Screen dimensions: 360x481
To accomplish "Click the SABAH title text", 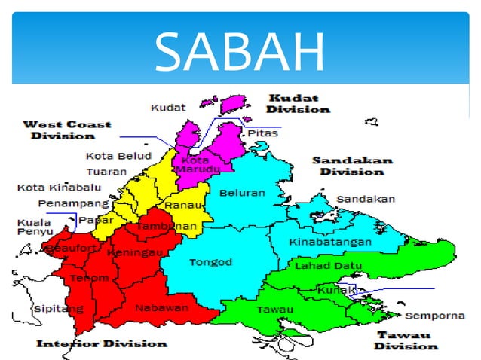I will (240, 51).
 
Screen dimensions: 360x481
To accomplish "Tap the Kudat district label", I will (169, 108).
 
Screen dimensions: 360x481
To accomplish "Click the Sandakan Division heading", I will (352, 166).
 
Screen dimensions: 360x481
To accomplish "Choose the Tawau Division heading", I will (405, 340).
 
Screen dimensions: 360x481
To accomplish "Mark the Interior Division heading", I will (102, 343).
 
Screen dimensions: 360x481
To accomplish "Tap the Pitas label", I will (262, 133).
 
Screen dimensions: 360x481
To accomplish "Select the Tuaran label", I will (106, 172).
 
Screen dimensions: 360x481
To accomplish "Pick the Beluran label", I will (242, 193).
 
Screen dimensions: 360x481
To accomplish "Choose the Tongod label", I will (211, 262).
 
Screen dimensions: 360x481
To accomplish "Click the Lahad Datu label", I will (328, 266).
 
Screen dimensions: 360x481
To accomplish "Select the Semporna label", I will (435, 316).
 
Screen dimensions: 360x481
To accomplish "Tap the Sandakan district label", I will (365, 199).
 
